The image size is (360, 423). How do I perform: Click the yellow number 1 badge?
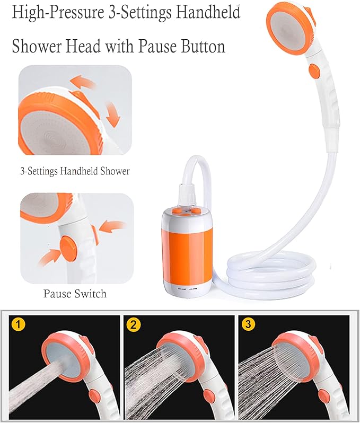coord(18,324)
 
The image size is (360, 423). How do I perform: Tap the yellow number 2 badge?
coord(134,324)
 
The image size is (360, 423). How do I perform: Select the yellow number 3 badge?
coord(248,324)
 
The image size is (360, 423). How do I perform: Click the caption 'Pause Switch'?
coord(75,294)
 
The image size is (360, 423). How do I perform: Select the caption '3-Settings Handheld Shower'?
coord(75,171)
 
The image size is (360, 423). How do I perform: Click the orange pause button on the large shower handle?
coord(314,70)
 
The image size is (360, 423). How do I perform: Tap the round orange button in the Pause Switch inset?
coord(68,248)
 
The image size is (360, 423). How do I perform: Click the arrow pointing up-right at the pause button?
coord(50,258)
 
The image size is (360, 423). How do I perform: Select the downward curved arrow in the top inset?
coord(113,114)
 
